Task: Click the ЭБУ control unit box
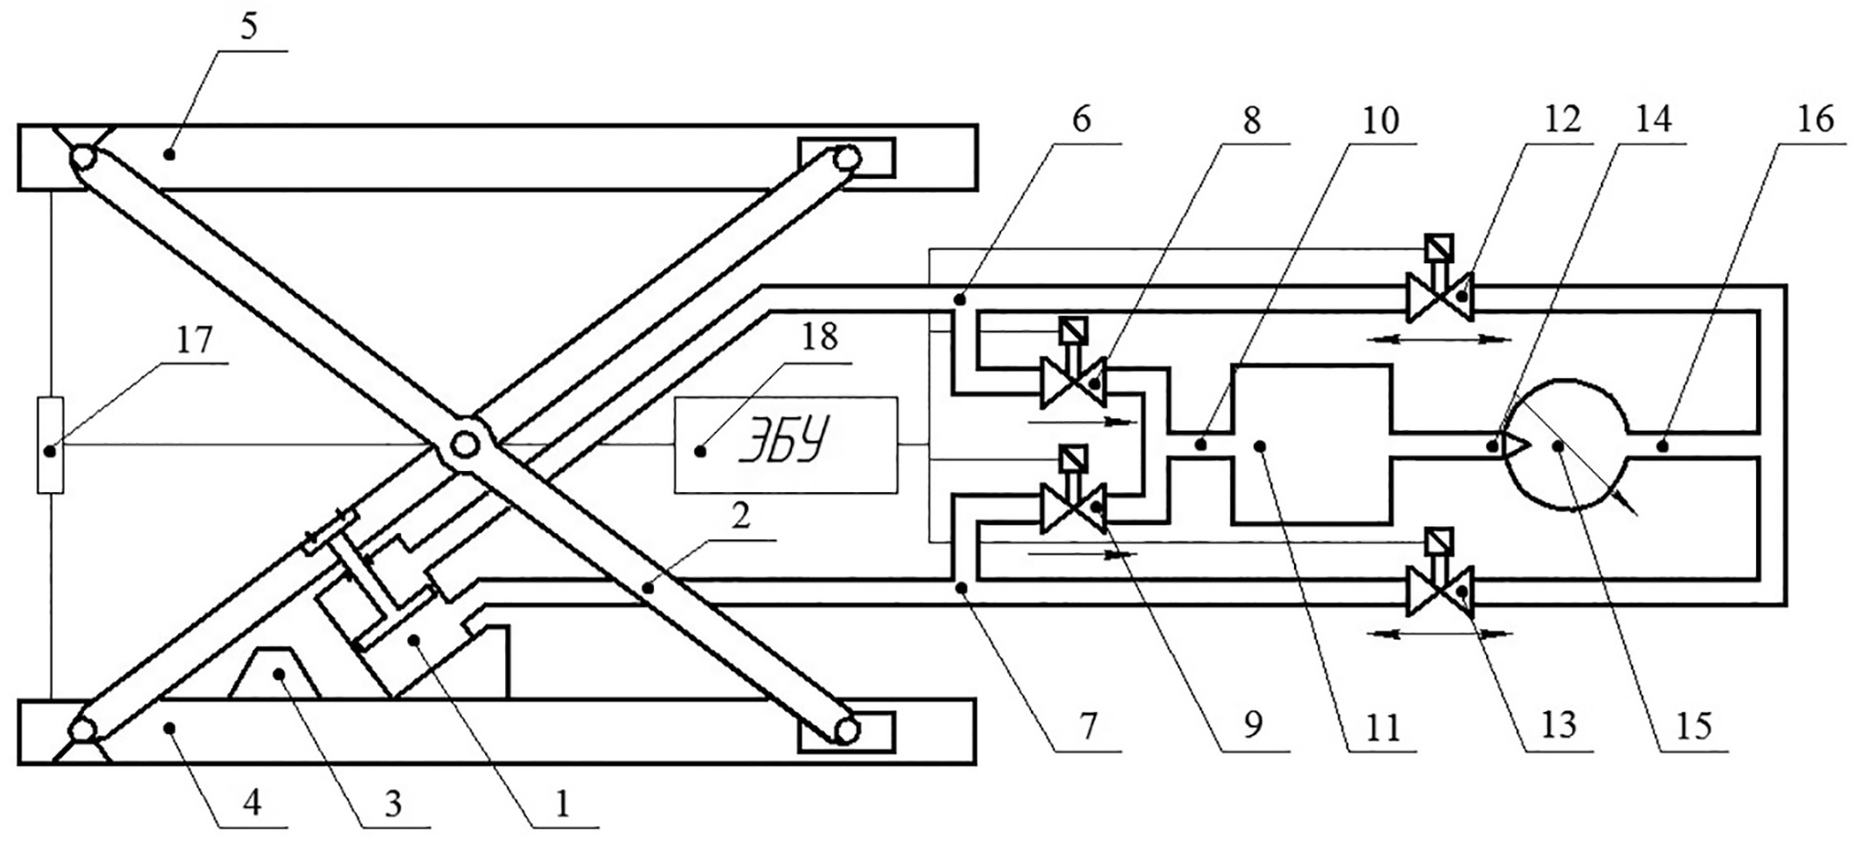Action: (786, 445)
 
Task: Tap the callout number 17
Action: (194, 341)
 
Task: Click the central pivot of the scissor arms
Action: (466, 444)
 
